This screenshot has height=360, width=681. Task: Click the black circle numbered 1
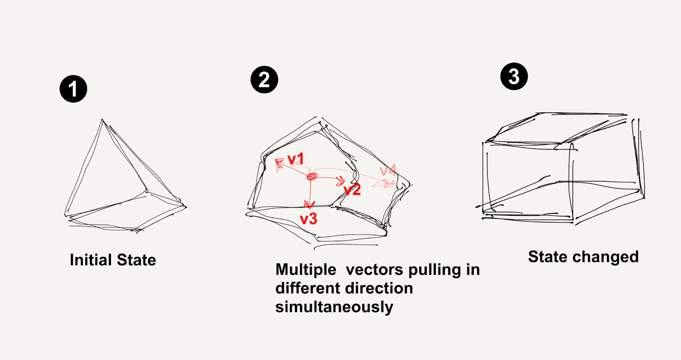pyautogui.click(x=73, y=89)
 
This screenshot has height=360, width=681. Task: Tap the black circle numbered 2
pyautogui.click(x=264, y=79)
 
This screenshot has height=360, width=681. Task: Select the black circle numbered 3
pyautogui.click(x=514, y=76)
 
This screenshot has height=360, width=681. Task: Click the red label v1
pyautogui.click(x=296, y=159)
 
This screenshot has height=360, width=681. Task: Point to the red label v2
pyautogui.click(x=352, y=189)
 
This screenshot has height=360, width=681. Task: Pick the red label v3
pyautogui.click(x=309, y=219)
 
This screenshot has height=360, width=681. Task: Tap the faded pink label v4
pyautogui.click(x=388, y=170)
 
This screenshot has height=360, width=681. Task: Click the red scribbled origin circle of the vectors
pyautogui.click(x=312, y=176)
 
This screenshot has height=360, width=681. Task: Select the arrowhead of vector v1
pyautogui.click(x=279, y=163)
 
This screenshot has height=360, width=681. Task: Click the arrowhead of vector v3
pyautogui.click(x=309, y=204)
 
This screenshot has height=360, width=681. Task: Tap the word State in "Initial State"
pyautogui.click(x=137, y=260)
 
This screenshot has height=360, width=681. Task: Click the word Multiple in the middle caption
pyautogui.click(x=306, y=269)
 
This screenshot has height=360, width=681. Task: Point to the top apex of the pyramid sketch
pyautogui.click(x=102, y=120)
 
